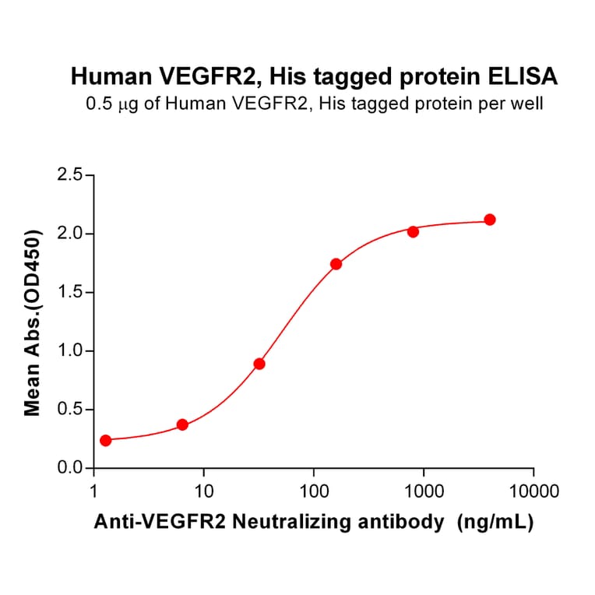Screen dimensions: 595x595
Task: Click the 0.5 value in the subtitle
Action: click(98, 104)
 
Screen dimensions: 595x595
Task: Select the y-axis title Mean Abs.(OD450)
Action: click(33, 322)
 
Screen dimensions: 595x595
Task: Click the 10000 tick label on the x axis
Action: click(533, 492)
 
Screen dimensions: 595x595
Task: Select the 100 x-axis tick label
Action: click(314, 492)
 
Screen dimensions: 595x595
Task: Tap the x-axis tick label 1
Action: click(94, 492)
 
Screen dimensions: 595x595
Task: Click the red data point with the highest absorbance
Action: click(490, 220)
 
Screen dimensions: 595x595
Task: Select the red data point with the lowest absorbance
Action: click(106, 440)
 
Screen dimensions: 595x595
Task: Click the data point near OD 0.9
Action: click(259, 364)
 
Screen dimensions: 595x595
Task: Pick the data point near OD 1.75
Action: click(336, 264)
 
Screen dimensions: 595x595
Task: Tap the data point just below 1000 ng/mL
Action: click(413, 231)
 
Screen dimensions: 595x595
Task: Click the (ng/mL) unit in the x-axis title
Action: click(496, 523)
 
